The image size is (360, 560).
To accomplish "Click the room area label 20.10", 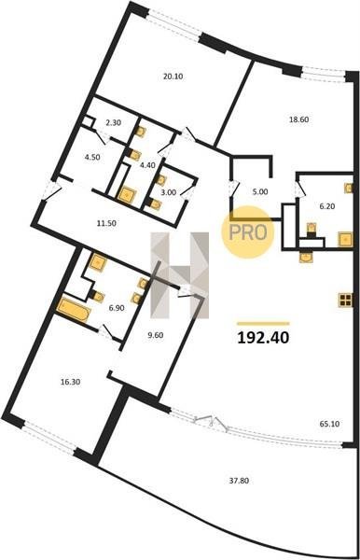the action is tap(173, 77).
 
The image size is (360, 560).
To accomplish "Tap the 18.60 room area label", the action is tap(298, 119).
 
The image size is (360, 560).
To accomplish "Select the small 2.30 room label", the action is tap(114, 123).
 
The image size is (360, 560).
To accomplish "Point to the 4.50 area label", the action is tap(92, 157).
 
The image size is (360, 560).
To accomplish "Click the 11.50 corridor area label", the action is tap(106, 224).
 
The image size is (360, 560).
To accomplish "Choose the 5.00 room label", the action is tap(260, 191).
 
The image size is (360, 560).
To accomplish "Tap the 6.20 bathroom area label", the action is tap(326, 206).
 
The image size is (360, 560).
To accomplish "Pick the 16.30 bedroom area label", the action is tap(70, 382).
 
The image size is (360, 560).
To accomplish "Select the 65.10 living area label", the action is tap(329, 424).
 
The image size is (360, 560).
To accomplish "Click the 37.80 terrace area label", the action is tap(239, 481).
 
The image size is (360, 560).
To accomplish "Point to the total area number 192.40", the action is tap(263, 337).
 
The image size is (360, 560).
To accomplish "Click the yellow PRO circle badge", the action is tap(247, 232).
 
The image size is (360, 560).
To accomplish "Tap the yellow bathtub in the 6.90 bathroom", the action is tap(74, 310).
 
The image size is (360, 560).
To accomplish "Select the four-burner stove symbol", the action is tap(345, 300).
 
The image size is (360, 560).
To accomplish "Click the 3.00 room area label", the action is tap(169, 192).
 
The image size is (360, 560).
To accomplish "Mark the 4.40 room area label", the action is tap(147, 165).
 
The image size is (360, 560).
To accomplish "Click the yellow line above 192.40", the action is tap(263, 324).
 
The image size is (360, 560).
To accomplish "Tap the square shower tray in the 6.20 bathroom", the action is tap(345, 239).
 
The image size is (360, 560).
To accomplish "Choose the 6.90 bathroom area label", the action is tap(117, 308).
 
